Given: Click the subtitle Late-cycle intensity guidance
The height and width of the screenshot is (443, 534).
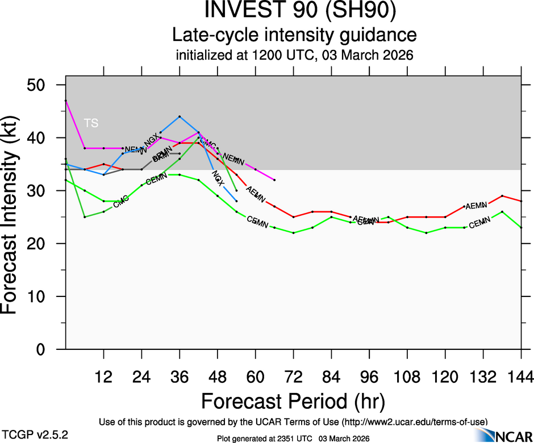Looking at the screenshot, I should pos(294,35).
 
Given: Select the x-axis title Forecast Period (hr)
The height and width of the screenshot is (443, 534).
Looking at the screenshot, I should pos(293,401).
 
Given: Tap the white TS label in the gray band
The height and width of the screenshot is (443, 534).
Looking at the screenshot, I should pos(91,123).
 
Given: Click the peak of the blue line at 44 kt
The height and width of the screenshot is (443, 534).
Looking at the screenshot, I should pos(180,116).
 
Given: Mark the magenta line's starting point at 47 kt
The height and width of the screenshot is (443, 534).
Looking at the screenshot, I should pos(66,101).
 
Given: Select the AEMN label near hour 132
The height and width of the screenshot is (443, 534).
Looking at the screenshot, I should pos(476,206).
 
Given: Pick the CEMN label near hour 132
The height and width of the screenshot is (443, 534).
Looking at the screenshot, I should pos(479,223).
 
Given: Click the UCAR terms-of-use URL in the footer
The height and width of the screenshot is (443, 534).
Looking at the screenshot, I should pos(414,421).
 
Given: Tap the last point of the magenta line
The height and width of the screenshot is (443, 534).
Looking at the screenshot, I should pos(274,180).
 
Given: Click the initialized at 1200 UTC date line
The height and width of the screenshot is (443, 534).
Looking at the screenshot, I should pos(294,56).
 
